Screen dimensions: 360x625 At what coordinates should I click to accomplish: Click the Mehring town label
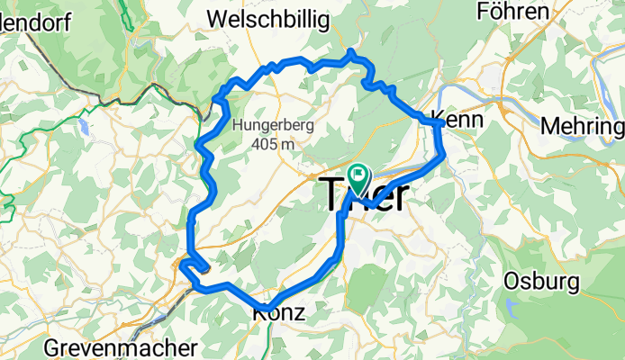tap(583, 126)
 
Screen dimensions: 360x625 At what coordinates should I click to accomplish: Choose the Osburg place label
tap(541, 281)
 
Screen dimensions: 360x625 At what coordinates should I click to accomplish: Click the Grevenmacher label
tap(120, 347)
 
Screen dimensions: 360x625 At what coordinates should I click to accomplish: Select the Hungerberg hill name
tap(273, 126)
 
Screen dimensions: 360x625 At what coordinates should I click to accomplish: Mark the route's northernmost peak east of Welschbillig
tap(350, 52)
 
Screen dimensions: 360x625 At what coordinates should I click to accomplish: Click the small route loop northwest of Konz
tap(191, 266)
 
